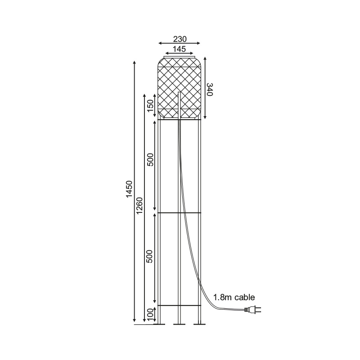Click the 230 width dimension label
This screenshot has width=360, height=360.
point(180,39)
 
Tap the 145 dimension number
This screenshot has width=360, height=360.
point(179,49)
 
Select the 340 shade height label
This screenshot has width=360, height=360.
point(210,90)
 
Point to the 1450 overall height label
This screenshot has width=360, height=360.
point(130,189)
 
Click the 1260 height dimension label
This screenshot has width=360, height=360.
point(139,205)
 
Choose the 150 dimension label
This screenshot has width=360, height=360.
point(150,106)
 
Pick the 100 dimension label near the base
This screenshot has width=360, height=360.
point(150,314)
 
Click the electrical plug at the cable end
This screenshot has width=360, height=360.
point(253,310)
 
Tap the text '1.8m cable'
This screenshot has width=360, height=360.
point(234,297)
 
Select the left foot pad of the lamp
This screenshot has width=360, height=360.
point(159,324)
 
